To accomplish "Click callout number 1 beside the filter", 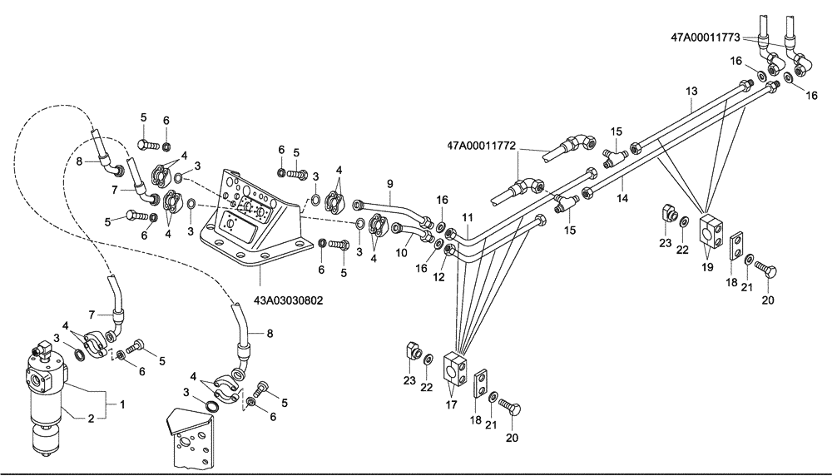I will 122,404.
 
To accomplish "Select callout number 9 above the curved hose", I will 388,182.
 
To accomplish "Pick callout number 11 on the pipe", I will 468,218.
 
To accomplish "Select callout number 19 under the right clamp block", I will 707,268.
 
